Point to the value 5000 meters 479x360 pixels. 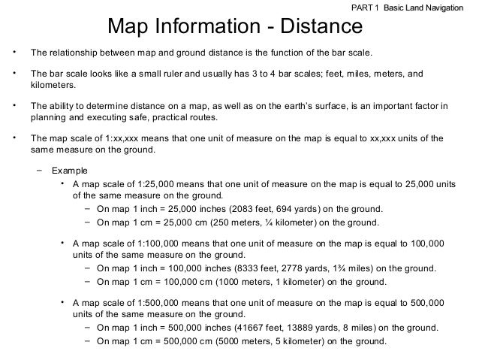tap(237, 342)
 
